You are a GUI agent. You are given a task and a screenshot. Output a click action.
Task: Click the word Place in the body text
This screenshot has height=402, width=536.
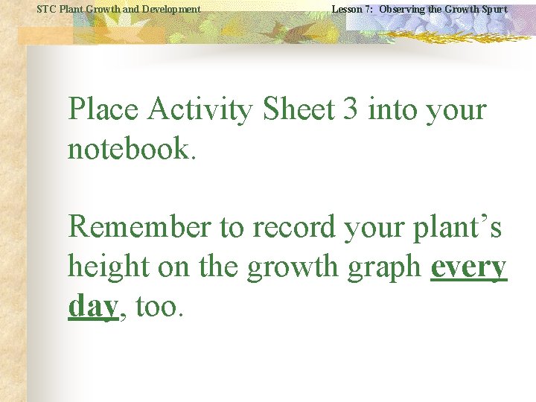point(103,110)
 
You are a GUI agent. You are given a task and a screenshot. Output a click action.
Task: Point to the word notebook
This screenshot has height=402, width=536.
point(131,149)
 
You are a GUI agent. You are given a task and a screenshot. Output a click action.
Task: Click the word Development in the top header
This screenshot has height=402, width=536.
point(170,9)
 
